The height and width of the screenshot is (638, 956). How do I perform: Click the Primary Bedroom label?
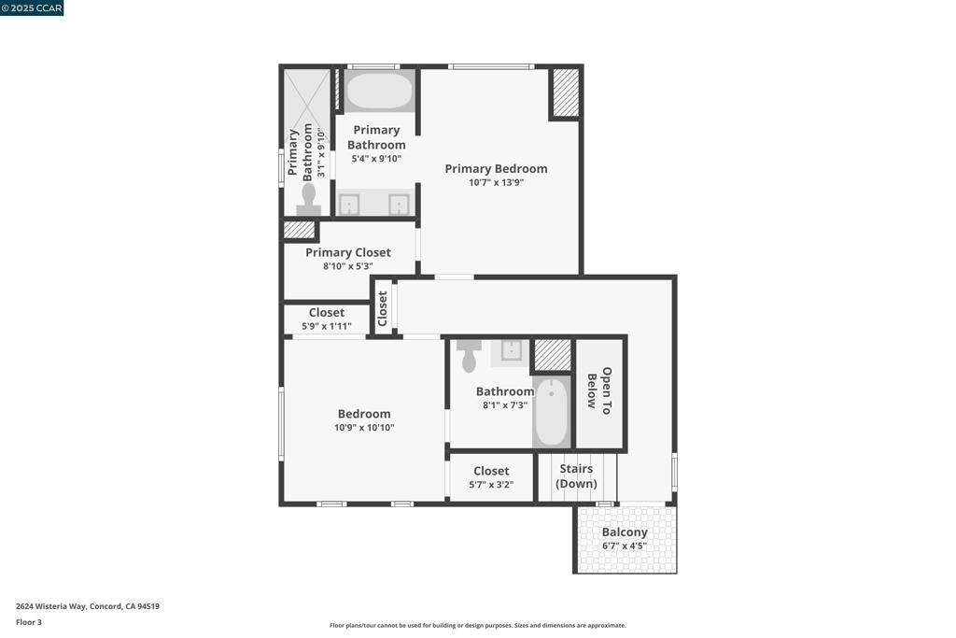click(496, 169)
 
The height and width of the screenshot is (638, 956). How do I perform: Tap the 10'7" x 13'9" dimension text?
click(496, 183)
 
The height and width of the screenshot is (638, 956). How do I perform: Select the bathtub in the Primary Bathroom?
click(379, 92)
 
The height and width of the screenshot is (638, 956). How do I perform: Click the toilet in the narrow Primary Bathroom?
click(309, 199)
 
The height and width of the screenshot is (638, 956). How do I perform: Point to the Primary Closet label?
click(348, 252)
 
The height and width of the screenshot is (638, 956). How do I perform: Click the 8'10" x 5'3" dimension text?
click(348, 266)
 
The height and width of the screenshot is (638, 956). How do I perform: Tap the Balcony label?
click(625, 532)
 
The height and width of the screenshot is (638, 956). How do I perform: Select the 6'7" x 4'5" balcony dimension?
click(625, 546)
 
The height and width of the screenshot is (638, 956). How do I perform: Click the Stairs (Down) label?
click(576, 476)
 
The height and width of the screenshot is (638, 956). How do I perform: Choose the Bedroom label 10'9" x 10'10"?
click(364, 414)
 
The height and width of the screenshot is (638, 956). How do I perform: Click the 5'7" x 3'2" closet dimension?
click(491, 485)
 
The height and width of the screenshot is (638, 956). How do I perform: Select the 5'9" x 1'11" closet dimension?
click(327, 326)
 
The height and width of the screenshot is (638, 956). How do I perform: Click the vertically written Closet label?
click(383, 309)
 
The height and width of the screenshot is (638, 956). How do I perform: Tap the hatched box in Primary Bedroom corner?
click(566, 92)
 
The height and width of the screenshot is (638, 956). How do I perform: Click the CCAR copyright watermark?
click(32, 7)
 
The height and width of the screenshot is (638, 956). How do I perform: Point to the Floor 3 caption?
click(29, 622)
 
